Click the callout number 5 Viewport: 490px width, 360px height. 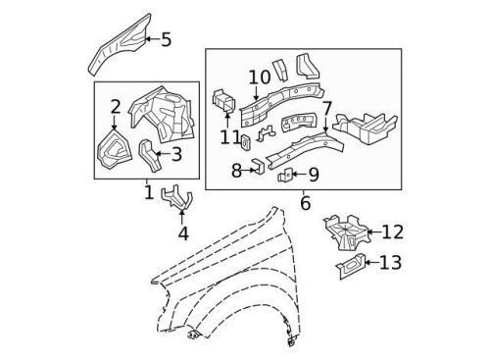tap(166, 40)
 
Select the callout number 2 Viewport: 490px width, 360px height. tap(116, 106)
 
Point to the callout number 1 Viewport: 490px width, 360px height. tap(149, 193)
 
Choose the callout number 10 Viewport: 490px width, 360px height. tap(260, 77)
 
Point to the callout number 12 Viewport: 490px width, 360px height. tap(392, 231)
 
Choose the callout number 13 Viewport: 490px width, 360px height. tap(390, 262)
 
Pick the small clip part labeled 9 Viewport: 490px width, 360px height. tap(286, 177)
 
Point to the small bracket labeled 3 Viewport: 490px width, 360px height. tap(150, 154)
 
